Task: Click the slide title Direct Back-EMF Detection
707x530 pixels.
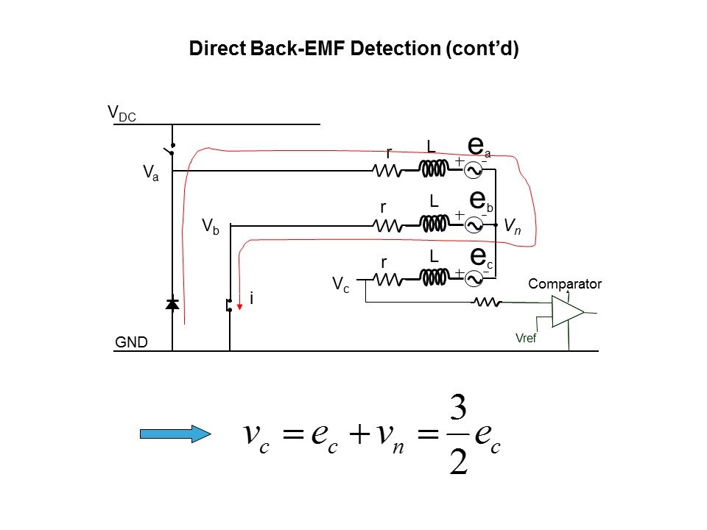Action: pyautogui.click(x=354, y=49)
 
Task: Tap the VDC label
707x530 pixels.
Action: pyautogui.click(x=122, y=113)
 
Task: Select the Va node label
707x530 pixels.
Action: pyautogui.click(x=150, y=174)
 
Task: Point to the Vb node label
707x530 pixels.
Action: pyautogui.click(x=210, y=227)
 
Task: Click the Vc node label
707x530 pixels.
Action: pyautogui.click(x=340, y=286)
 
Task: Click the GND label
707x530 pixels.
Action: pyautogui.click(x=132, y=342)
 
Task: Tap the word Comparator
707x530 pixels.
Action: pyautogui.click(x=565, y=284)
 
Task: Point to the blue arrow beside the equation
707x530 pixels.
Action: pyautogui.click(x=175, y=434)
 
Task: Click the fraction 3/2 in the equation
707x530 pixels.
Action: pyautogui.click(x=457, y=434)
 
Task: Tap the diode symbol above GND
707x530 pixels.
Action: pyautogui.click(x=172, y=304)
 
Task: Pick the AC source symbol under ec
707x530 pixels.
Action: pyautogui.click(x=475, y=278)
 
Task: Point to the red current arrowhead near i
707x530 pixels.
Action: pyautogui.click(x=239, y=306)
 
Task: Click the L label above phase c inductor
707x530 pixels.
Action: pyautogui.click(x=434, y=257)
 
